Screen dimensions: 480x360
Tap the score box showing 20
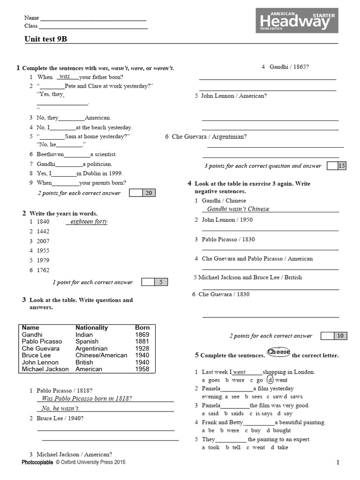coord(148,193)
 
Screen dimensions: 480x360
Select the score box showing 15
coord(342,165)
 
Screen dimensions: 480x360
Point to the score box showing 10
coord(340,336)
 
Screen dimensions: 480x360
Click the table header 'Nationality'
coord(91,328)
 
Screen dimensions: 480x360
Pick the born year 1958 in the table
coord(142,369)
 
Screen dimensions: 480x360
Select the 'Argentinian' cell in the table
coord(91,348)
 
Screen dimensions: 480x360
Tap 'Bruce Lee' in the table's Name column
coord(36,355)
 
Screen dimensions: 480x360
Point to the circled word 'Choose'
coord(278,352)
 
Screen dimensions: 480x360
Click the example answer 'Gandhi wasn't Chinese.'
coord(239,209)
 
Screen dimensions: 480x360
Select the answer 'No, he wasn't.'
coord(60,408)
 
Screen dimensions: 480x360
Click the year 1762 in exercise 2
coord(43,270)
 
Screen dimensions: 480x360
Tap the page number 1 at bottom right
coord(337,463)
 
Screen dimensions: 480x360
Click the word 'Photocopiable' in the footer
coord(37,462)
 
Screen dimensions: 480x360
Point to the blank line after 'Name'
coord(93,19)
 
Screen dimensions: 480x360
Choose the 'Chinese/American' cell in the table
coord(101,355)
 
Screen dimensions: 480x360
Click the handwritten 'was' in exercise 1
coord(65,76)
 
